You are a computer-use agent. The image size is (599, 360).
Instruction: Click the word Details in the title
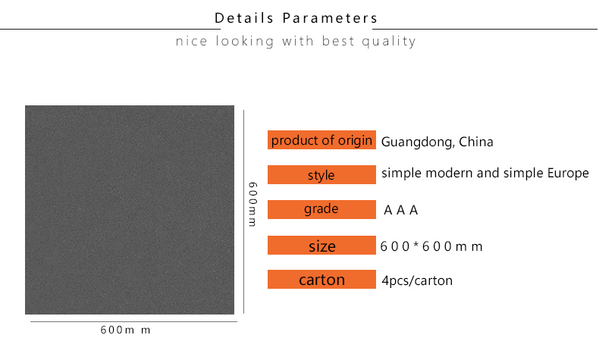pos(244,18)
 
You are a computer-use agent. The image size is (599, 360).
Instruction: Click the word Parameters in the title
pos(330,18)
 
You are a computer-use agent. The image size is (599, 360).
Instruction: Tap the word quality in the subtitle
pos(388,41)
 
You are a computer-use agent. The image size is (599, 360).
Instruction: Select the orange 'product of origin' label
pos(321,139)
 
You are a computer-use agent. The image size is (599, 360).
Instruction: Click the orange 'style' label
pos(321,174)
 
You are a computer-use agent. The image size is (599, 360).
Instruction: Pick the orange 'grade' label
pos(321,209)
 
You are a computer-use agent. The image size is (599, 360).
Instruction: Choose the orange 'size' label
pos(321,245)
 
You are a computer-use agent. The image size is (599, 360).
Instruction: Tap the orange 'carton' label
pos(321,279)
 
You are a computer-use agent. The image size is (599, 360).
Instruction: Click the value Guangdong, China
pos(437,142)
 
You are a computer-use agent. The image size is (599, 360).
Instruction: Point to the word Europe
pos(568,174)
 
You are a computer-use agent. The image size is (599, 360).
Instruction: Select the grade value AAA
pos(401,210)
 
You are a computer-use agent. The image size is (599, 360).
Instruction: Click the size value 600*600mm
pos(431,246)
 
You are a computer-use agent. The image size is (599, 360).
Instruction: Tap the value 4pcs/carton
pos(417,280)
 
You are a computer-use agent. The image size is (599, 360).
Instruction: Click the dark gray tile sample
pos(130,210)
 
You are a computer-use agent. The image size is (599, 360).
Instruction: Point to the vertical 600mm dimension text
pos(252,204)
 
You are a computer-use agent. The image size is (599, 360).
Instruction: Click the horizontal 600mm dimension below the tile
pos(125,330)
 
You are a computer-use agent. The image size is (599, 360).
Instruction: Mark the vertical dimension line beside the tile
pos(243,212)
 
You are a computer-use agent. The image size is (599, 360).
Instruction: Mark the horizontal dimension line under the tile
pos(133,321)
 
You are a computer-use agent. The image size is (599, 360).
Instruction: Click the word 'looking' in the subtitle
pos(245,41)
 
